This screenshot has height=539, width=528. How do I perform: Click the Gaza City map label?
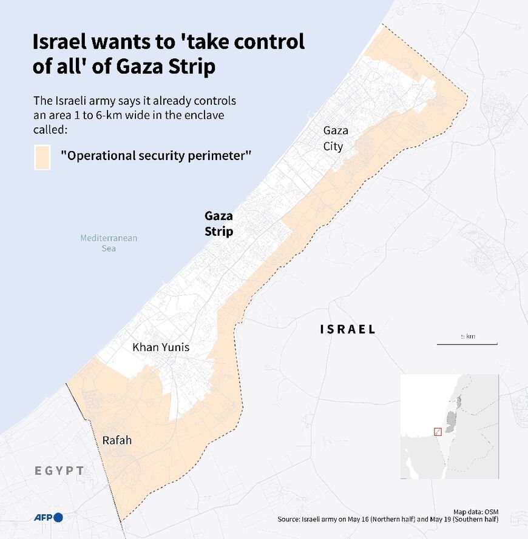(333, 138)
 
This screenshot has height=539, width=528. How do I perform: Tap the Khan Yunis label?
(161, 347)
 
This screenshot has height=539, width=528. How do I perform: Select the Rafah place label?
(117, 440)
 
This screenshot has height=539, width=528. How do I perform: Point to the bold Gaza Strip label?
(218, 224)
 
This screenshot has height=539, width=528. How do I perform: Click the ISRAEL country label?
(348, 329)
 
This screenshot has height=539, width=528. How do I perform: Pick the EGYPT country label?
(59, 470)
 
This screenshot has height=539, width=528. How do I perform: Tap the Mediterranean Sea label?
(109, 243)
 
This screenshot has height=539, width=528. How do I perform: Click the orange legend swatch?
(42, 157)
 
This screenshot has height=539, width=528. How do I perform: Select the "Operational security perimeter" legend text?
(156, 156)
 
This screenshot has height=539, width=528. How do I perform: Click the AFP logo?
(49, 517)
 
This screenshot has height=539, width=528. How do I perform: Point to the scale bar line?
(467, 344)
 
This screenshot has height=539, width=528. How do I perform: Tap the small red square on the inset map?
(438, 432)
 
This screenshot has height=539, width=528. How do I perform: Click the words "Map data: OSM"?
(476, 512)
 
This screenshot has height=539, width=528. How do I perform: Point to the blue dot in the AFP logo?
(58, 517)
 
